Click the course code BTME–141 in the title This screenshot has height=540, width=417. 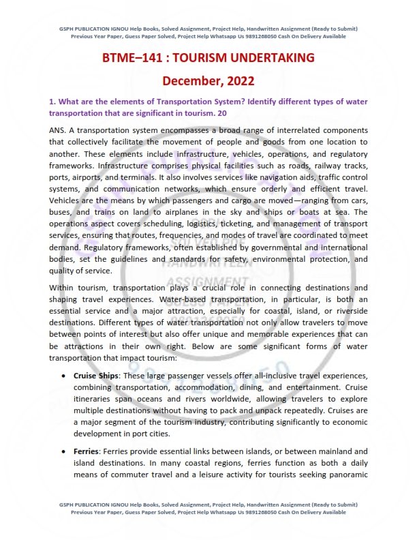pos(131,58)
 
